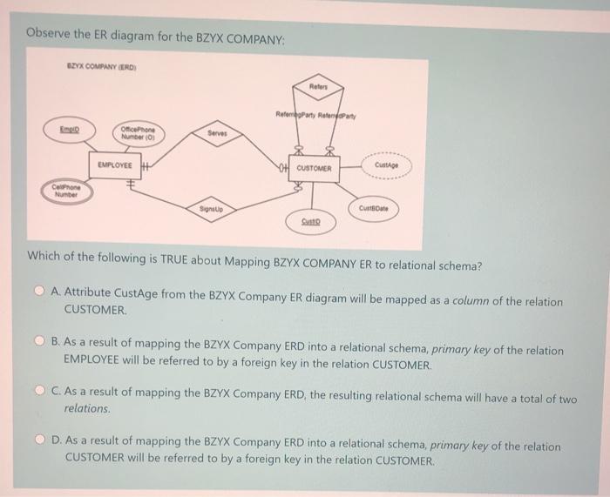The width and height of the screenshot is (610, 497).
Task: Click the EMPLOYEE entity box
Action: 114,163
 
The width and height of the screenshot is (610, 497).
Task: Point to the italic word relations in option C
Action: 89,408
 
